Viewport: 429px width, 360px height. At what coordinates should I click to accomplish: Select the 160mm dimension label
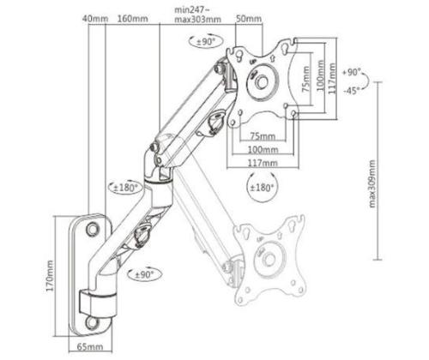(x=131, y=18)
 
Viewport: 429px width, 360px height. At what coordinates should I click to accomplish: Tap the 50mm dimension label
(x=248, y=18)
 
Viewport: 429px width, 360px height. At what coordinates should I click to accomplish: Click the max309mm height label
(x=371, y=184)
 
